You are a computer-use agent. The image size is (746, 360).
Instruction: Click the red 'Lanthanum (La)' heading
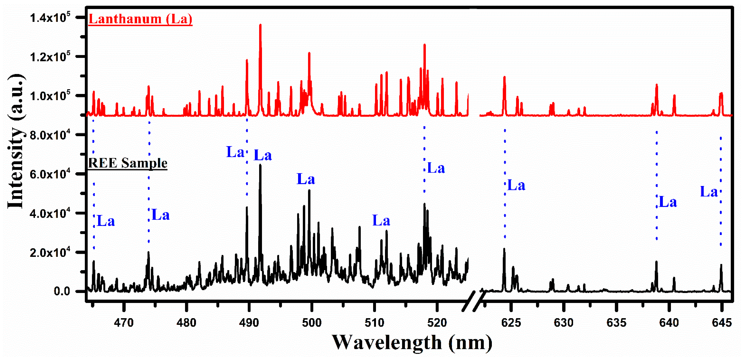pyautogui.click(x=140, y=19)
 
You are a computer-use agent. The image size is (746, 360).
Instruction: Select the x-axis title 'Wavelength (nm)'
pyautogui.click(x=412, y=343)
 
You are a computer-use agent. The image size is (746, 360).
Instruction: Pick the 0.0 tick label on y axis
pyautogui.click(x=62, y=291)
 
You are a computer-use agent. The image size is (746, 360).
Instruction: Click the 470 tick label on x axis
pyautogui.click(x=124, y=322)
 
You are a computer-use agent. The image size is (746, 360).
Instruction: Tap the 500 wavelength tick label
pyautogui.click(x=312, y=322)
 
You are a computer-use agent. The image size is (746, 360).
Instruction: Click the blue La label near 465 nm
pyautogui.click(x=106, y=221)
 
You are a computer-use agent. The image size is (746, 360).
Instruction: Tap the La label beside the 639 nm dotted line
pyautogui.click(x=668, y=202)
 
